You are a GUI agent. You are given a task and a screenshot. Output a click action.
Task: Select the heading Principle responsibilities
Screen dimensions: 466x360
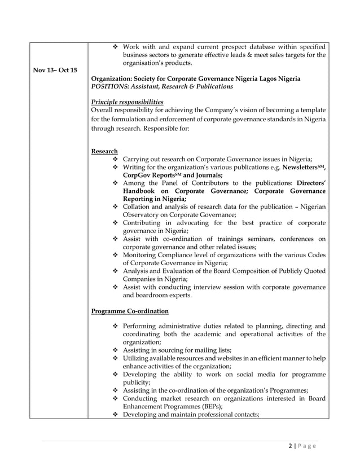pyautogui.click(x=127, y=101)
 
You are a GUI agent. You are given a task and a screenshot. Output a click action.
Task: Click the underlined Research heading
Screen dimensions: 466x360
pyautogui.click(x=104, y=151)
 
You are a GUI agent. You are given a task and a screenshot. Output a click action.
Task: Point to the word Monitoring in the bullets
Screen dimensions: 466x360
pyautogui.click(x=144, y=255)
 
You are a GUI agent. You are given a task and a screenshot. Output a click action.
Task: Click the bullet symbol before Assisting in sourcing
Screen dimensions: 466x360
pyautogui.click(x=116, y=350)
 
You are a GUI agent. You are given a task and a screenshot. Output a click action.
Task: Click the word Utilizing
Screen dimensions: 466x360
pyautogui.click(x=139, y=358)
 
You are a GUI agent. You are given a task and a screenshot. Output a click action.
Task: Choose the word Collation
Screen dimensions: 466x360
pyautogui.click(x=138, y=208)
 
